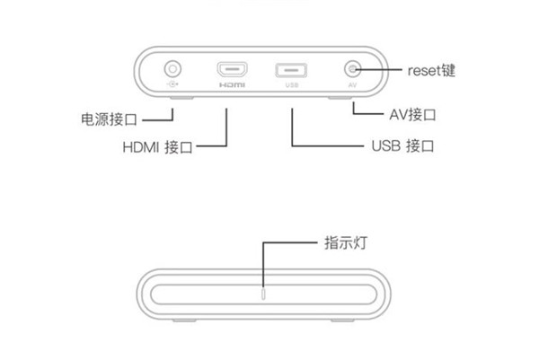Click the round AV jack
coord(353,68)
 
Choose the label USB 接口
coord(400,145)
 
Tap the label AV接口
coord(411,115)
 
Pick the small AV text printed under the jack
coord(353,86)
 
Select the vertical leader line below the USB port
coord(292,126)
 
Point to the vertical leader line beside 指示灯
coord(262,265)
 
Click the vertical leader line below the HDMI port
coord(226,126)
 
